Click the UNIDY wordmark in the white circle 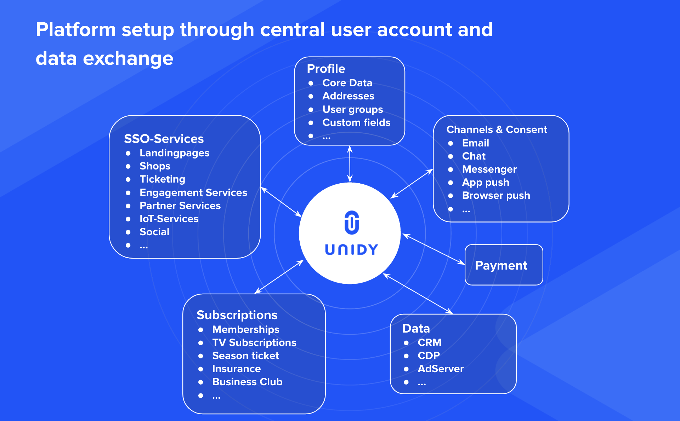tap(351, 249)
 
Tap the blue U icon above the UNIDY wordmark tap(352, 223)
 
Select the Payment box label tap(501, 265)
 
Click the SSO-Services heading tap(164, 139)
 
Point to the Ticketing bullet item tap(162, 179)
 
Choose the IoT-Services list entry tap(169, 219)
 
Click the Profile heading tap(326, 69)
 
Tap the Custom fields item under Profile tap(356, 122)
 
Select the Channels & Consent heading tap(497, 129)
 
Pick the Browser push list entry tap(496, 195)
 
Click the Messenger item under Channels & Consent tap(489, 169)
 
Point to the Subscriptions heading tap(237, 315)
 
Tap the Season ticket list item tap(245, 356)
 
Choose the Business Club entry tap(247, 382)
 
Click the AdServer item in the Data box tap(441, 369)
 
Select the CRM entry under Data tap(430, 342)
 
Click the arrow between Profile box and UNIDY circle tap(350, 164)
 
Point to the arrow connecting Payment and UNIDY tap(434, 249)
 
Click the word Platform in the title tap(75, 29)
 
